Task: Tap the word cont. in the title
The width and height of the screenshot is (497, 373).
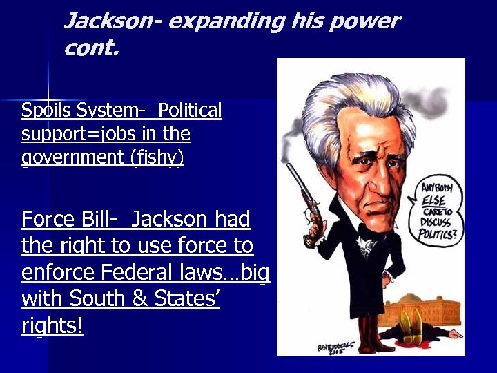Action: point(91,47)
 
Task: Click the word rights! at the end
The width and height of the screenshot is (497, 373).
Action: point(52,325)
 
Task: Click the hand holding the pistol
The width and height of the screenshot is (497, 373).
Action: point(315,230)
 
